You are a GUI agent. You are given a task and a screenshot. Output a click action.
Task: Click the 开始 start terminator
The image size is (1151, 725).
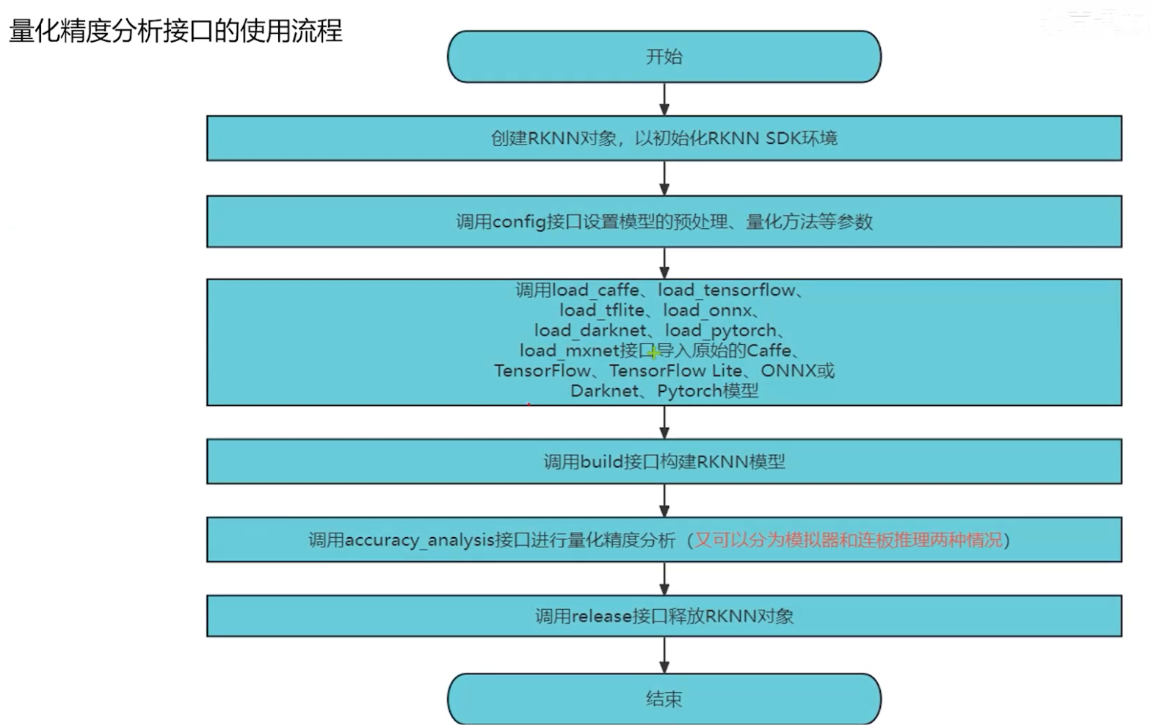tap(664, 57)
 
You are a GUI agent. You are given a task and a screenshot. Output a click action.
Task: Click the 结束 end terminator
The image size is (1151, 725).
tap(664, 699)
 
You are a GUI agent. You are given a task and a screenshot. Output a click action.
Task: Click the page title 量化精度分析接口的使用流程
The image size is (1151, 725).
tap(175, 31)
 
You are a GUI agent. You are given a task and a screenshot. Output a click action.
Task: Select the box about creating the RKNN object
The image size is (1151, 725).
tap(664, 138)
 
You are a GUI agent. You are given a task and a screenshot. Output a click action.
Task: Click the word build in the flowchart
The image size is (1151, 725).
tap(600, 462)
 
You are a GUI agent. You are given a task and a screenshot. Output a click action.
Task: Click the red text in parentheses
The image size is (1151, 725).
tap(848, 541)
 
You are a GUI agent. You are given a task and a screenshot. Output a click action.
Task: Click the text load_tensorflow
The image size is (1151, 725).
tap(726, 291)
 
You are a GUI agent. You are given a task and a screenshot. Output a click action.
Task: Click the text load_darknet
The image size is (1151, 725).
tap(590, 331)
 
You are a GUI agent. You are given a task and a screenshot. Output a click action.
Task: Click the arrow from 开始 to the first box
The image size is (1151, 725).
tap(664, 99)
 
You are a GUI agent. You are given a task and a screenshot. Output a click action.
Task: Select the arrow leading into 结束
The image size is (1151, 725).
tap(664, 655)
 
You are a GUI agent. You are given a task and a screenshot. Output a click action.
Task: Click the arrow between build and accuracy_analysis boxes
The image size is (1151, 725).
tap(664, 500)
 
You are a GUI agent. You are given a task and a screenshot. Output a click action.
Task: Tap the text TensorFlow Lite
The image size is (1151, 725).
tap(675, 371)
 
